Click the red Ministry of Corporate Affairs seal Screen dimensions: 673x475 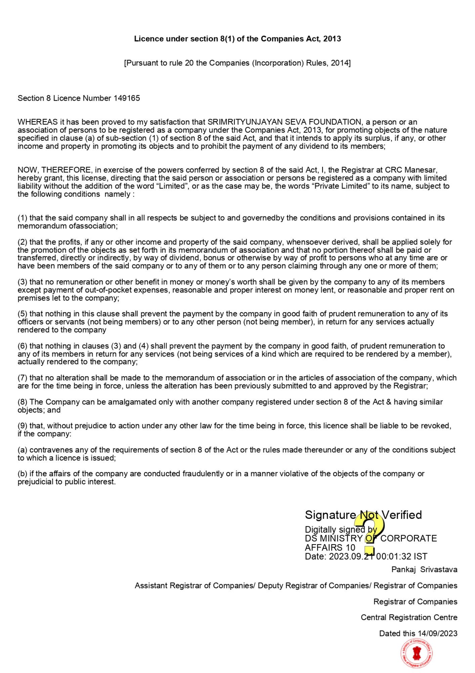tap(417, 654)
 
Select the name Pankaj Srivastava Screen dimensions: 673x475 tap(424, 569)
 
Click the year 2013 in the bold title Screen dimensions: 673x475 tap(332, 39)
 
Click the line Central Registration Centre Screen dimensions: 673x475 tap(409, 617)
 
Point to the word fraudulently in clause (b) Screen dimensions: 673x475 tap(203, 474)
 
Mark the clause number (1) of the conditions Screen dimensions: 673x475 tap(23, 218)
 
